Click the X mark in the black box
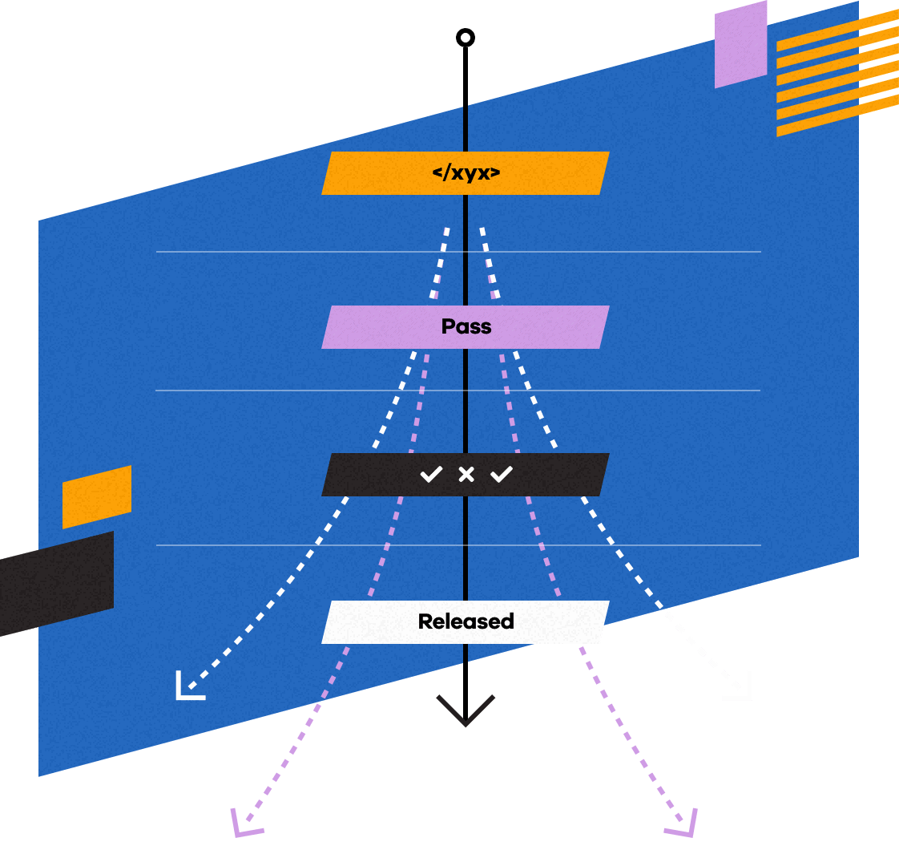466,475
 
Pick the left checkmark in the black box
431,475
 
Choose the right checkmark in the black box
502,475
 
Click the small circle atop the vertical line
466,37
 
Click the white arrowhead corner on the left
187,688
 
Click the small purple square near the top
740,44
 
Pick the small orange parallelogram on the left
97,497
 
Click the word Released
466,621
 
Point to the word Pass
466,327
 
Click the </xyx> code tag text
466,172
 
